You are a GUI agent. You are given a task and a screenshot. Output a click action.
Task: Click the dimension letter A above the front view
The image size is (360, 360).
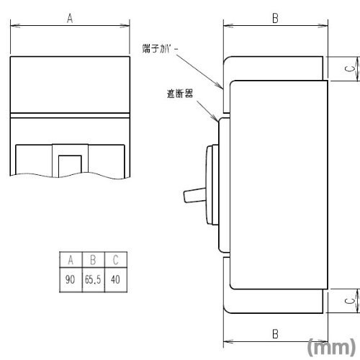pyautogui.click(x=70, y=18)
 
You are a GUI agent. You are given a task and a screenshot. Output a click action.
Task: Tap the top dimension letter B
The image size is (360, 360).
pyautogui.click(x=275, y=18)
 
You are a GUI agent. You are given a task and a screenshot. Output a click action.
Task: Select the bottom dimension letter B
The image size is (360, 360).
pyautogui.click(x=275, y=334)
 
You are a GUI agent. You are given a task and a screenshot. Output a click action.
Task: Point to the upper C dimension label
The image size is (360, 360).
pyautogui.click(x=350, y=68)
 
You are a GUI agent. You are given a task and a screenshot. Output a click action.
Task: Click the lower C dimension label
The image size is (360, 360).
pyautogui.click(x=350, y=300)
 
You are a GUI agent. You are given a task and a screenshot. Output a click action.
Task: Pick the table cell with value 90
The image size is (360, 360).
pyautogui.click(x=71, y=280)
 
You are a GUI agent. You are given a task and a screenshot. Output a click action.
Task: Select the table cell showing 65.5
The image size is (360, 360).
pyautogui.click(x=94, y=280)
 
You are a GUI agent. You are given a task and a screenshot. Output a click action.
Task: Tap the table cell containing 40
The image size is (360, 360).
pyautogui.click(x=116, y=280)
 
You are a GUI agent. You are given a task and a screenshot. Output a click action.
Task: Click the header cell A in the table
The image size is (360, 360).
pyautogui.click(x=71, y=260)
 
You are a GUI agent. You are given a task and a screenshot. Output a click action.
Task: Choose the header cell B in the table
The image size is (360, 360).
pyautogui.click(x=94, y=260)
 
